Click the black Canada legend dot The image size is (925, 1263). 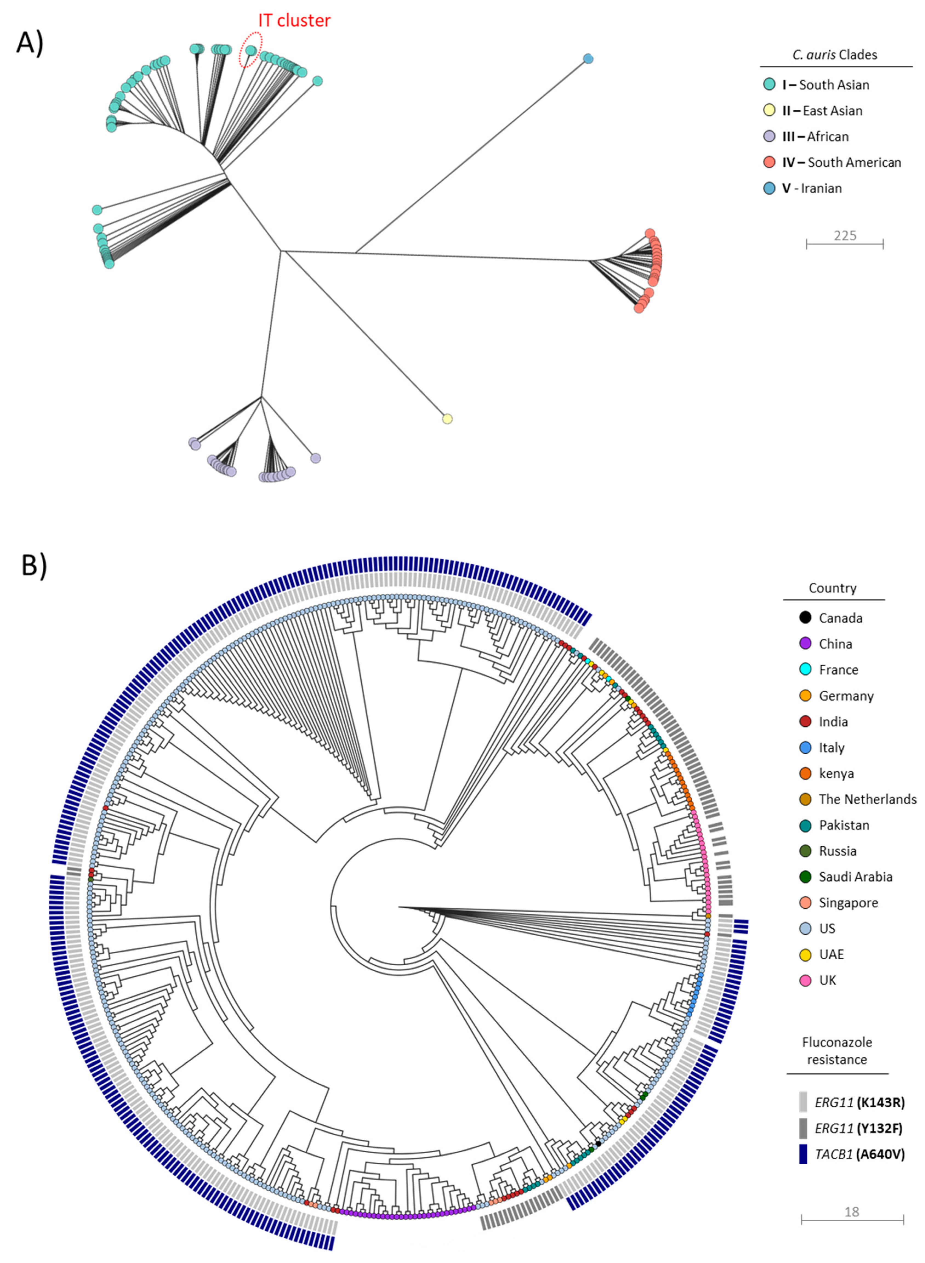[x=805, y=618]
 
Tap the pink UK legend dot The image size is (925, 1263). [x=805, y=980]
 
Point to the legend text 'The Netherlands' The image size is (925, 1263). [x=867, y=799]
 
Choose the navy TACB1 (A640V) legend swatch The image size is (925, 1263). [x=803, y=1154]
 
